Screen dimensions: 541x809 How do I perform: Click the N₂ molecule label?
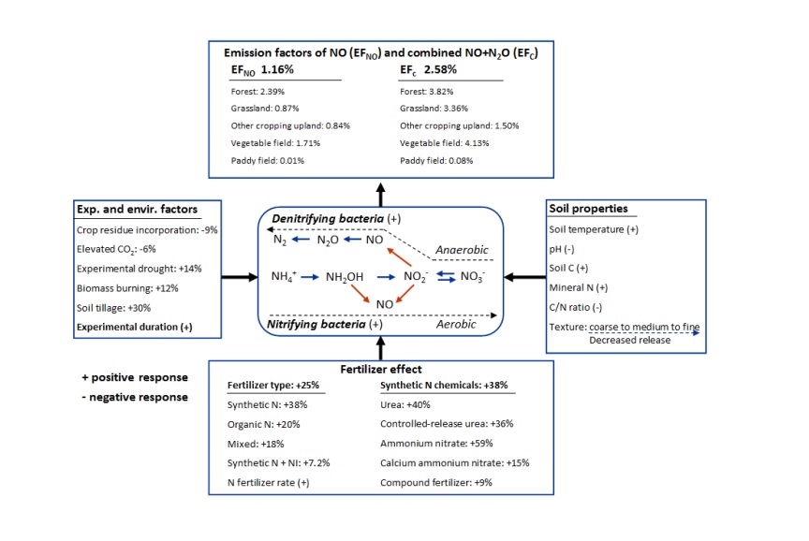277,241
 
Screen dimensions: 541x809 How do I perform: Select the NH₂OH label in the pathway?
345,277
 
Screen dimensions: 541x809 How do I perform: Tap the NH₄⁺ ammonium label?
284,277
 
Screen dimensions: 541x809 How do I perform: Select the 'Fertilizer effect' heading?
380,369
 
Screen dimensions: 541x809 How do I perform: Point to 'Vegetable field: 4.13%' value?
444,142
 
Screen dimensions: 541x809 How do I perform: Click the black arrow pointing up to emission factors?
380,195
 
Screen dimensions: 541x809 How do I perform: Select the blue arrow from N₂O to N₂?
302,241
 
